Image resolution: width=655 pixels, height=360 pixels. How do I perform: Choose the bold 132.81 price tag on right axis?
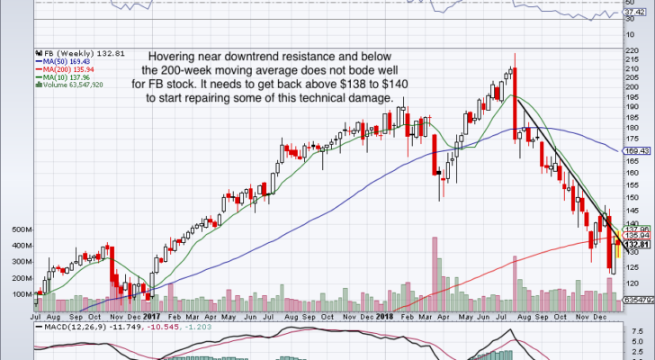[x=635, y=245]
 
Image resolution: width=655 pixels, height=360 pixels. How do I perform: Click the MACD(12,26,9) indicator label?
[x=67, y=328]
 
